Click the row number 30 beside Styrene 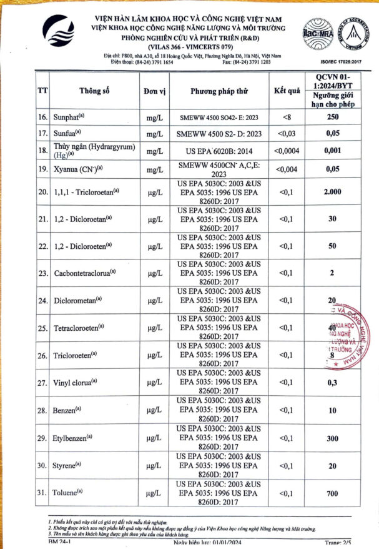(x=42, y=466)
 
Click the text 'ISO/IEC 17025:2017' (x=340, y=63)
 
